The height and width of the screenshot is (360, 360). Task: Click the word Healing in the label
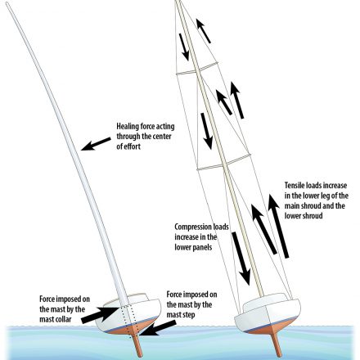pos(128,127)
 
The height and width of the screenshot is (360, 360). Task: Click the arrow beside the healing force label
pos(96,144)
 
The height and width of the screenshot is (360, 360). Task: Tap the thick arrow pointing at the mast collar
pos(100,314)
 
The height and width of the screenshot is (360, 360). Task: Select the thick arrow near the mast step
pos(158,328)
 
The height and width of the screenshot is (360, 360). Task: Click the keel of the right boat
pos(276,342)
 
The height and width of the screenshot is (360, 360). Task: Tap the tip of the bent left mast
pos(7,3)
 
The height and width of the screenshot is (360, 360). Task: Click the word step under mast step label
pos(188,315)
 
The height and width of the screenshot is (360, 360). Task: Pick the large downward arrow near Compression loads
pos(241,259)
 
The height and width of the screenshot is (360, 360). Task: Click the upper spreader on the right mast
pos(197,69)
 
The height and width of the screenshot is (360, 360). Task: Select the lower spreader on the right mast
pos(224,162)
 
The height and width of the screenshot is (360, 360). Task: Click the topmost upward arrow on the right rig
pos(204,31)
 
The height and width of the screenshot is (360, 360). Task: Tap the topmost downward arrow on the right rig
pos(184,47)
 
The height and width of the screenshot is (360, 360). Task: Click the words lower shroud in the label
pos(304,216)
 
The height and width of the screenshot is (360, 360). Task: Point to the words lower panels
pos(193,247)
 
